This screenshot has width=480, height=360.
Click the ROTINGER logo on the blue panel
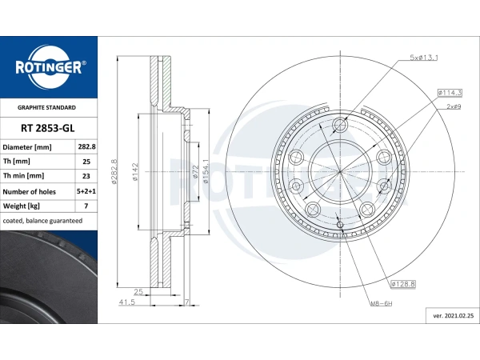pyautogui.click(x=50, y=67)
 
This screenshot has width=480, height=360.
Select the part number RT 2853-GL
pyautogui.click(x=48, y=128)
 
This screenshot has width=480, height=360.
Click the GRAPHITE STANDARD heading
pyautogui.click(x=46, y=107)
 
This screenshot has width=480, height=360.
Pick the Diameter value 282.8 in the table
pyautogui.click(x=86, y=146)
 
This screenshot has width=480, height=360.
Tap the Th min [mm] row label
pyautogui.click(x=23, y=176)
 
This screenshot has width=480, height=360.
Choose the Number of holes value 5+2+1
pyautogui.click(x=86, y=191)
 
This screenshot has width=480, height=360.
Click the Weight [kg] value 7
pyautogui.click(x=86, y=206)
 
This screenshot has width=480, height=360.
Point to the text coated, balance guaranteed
pyautogui.click(x=42, y=221)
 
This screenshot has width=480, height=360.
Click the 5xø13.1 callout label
pyautogui.click(x=424, y=58)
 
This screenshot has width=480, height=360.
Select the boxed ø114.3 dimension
pyautogui.click(x=450, y=93)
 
